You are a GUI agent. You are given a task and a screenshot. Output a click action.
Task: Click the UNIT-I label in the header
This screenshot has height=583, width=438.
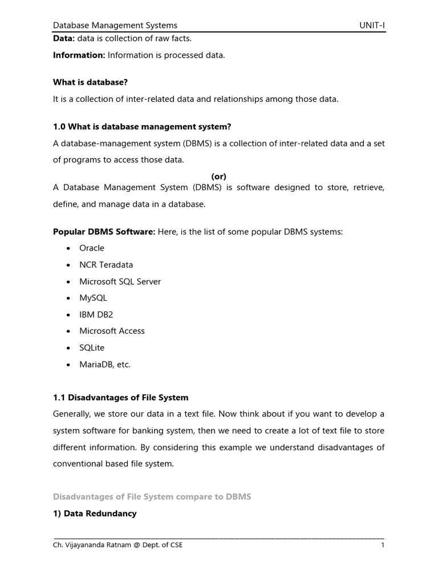[371, 25]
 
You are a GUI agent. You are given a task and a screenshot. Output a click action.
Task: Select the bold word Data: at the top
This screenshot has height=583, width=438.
[63, 38]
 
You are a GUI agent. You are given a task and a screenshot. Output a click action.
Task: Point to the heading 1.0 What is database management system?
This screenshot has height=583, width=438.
[142, 126]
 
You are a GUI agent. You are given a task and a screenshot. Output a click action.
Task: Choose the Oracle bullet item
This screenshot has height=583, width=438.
[92, 248]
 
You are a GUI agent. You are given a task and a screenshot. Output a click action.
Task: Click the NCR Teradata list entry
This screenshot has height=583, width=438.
[106, 265]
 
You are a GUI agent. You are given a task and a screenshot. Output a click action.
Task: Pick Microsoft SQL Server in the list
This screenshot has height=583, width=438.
[120, 281]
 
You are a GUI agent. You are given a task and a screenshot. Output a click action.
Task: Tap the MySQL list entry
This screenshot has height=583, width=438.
[93, 298]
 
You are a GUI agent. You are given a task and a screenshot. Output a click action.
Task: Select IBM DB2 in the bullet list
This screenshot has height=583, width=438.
[96, 314]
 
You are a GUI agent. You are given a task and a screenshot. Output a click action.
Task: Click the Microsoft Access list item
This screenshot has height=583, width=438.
[112, 331]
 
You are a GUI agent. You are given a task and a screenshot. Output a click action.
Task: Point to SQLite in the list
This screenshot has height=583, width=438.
[92, 347]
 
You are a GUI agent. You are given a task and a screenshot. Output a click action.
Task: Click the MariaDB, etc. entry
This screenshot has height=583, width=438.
[105, 364]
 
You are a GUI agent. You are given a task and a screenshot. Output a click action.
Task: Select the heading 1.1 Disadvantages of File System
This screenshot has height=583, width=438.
[120, 397]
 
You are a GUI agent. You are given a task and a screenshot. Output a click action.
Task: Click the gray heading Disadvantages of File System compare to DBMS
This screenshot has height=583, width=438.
[152, 497]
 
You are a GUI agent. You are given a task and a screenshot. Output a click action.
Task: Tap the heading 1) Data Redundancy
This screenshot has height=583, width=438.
[95, 514]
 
